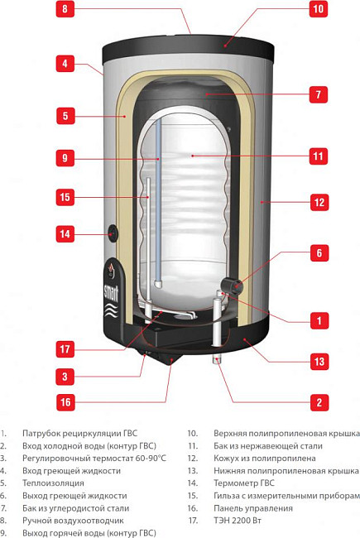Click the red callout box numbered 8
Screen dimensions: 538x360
(x=68, y=11)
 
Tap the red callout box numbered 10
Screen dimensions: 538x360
(x=317, y=11)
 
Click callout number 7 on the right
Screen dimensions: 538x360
(x=317, y=95)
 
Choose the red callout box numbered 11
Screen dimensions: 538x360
(x=317, y=155)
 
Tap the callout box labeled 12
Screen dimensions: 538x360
(x=317, y=201)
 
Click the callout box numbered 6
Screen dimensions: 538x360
(x=317, y=253)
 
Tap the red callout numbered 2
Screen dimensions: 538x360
(x=317, y=403)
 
